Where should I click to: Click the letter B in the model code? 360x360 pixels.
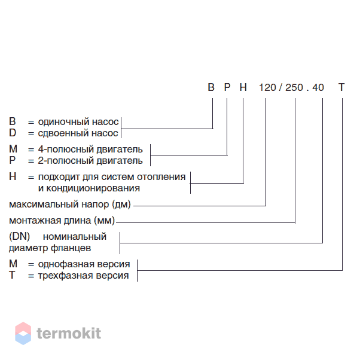[x=211, y=87]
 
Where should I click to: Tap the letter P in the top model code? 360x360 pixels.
[x=227, y=87]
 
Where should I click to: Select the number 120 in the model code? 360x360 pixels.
[x=267, y=87]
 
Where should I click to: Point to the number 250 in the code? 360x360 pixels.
[x=294, y=87]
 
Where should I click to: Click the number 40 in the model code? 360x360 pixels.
[x=318, y=87]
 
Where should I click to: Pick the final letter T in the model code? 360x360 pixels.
[x=341, y=87]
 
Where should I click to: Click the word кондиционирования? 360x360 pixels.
[x=93, y=188]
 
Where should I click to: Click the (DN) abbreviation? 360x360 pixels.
[x=20, y=236]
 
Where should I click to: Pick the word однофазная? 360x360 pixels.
[x=66, y=264]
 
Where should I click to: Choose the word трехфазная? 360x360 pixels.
[x=65, y=276]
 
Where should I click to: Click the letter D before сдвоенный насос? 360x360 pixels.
[x=13, y=133]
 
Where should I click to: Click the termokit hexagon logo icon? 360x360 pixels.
[x=23, y=333]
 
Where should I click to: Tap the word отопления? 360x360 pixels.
[x=161, y=177]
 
